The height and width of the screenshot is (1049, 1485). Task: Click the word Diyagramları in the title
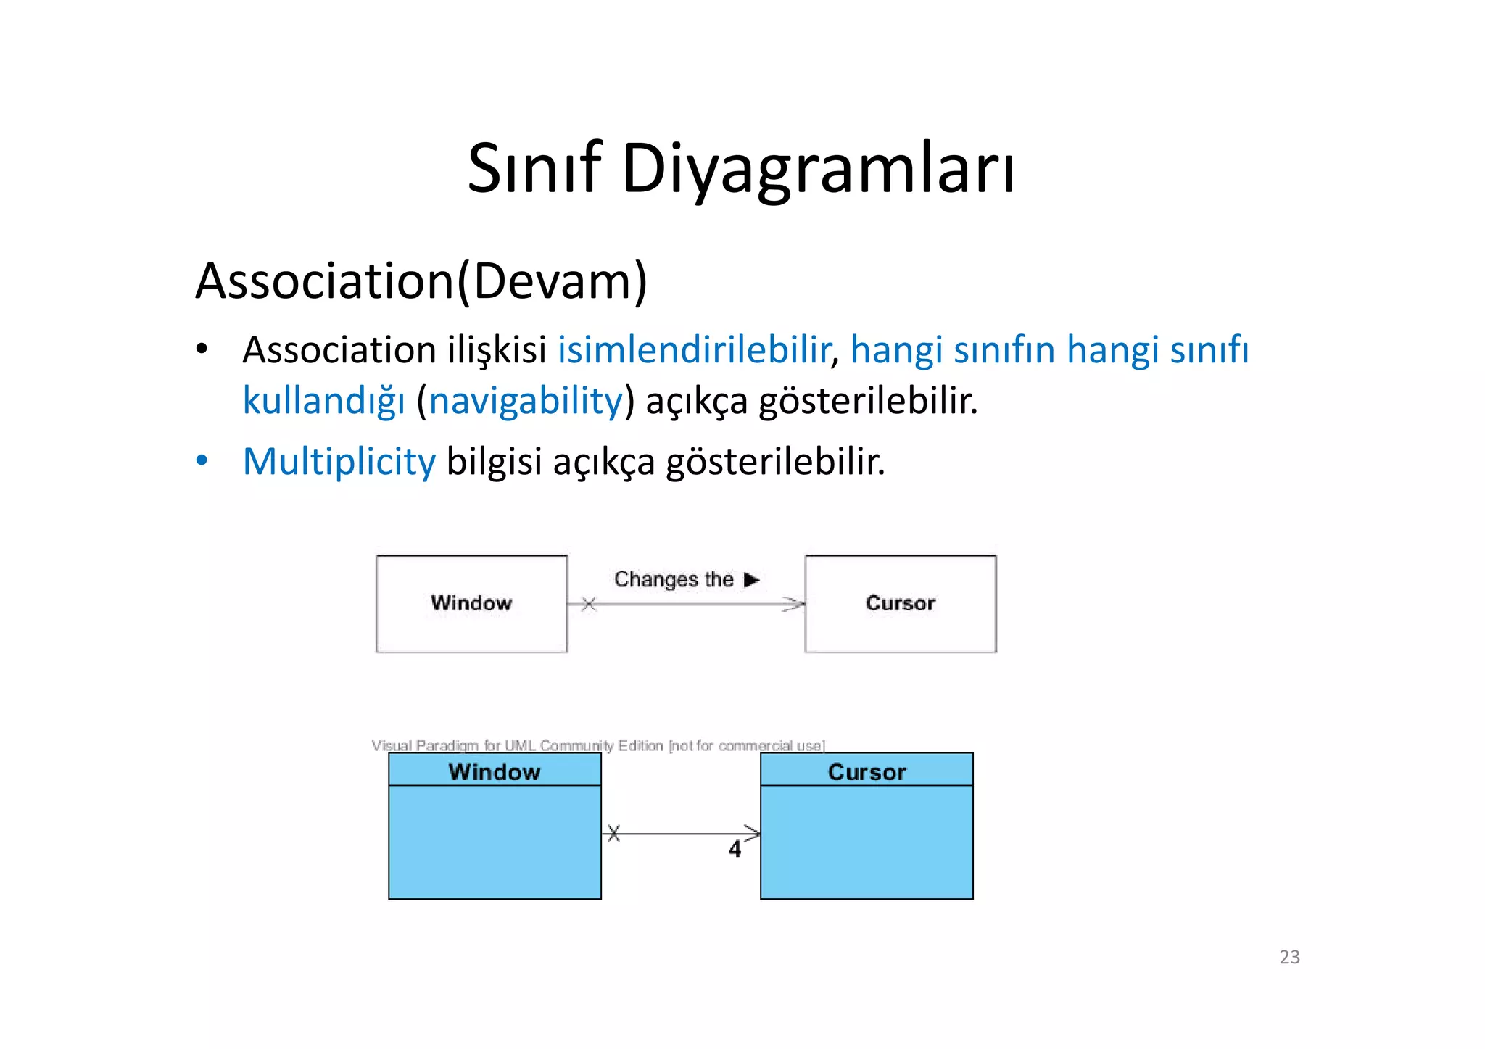(818, 168)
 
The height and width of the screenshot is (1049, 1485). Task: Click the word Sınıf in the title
(534, 168)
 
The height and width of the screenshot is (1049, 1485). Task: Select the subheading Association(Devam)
(421, 281)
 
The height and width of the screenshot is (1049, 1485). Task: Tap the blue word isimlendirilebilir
(693, 349)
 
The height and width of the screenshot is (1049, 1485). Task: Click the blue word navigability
(526, 400)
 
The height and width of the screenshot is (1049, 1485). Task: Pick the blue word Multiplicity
(339, 461)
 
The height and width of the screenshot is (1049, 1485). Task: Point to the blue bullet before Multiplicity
(202, 461)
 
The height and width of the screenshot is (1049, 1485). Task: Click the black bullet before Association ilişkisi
(202, 350)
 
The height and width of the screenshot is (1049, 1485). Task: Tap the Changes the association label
(674, 579)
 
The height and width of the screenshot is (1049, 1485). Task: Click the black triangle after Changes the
(751, 579)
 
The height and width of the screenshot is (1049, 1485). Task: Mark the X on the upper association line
(589, 604)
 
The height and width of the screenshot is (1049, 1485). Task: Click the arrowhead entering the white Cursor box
(795, 604)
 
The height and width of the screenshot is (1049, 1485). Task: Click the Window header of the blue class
(495, 771)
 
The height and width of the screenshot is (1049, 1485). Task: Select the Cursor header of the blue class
(866, 771)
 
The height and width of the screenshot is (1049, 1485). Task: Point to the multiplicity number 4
(735, 849)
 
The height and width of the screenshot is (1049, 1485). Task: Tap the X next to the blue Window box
(614, 834)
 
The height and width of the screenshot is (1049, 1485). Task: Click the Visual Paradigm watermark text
(598, 745)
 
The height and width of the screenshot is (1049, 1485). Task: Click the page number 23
(1289, 957)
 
